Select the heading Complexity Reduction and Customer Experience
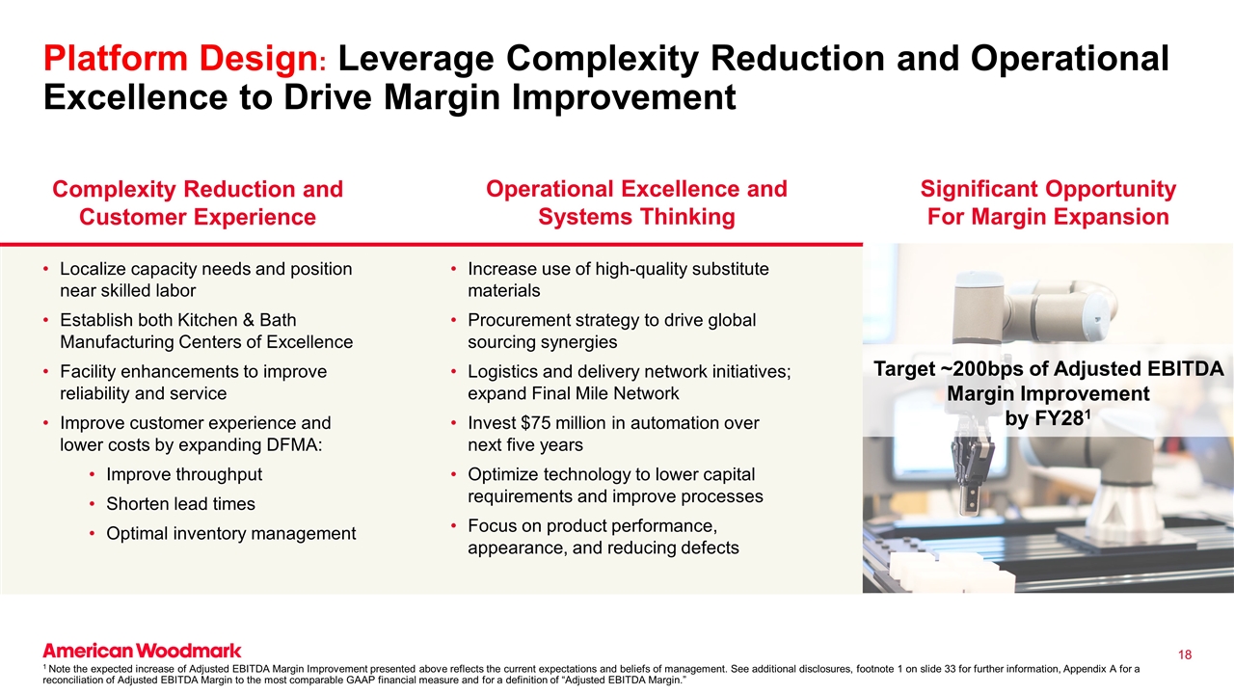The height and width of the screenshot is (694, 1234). coord(197,202)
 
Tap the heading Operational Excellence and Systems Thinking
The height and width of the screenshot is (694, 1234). coord(636,202)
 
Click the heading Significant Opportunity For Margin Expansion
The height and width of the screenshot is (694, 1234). coord(1048,202)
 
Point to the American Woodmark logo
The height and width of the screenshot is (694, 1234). coord(142,651)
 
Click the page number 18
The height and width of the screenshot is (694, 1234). coord(1185,655)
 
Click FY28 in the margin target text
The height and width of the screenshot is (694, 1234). coord(1059,419)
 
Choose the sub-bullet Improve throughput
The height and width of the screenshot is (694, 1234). coord(184,474)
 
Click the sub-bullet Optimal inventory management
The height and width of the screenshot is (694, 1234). coord(230,533)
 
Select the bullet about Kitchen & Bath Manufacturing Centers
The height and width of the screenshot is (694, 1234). coord(205,331)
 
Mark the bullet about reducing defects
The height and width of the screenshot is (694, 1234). coord(603,537)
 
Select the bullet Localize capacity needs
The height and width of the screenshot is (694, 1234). coord(204,280)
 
